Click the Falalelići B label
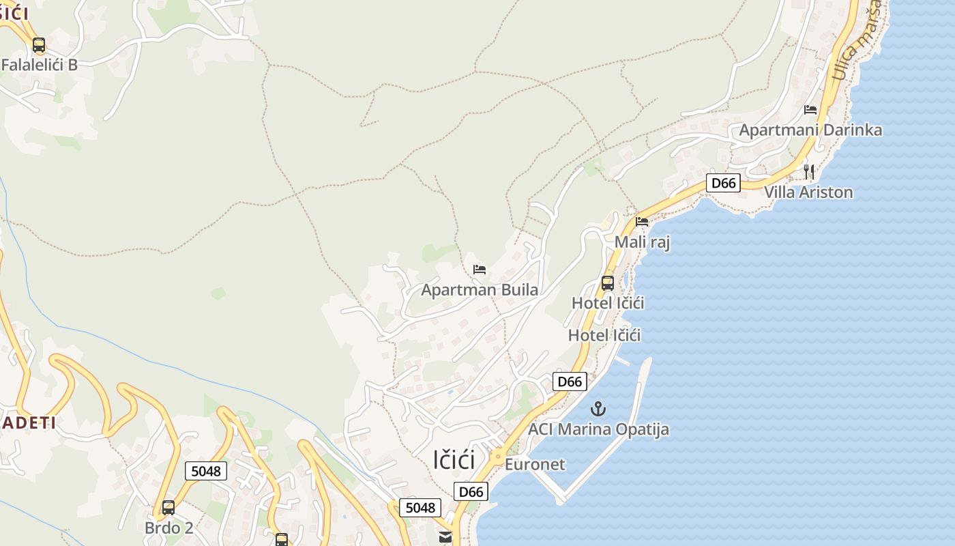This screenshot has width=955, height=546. coord(40,65)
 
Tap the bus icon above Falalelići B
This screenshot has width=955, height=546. coord(39,45)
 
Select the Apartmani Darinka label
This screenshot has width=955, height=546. coord(810,130)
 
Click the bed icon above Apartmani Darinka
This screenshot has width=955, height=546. coord(810,109)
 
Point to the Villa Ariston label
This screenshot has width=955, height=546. coord(808,192)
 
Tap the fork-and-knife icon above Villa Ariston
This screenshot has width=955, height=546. coord(809,171)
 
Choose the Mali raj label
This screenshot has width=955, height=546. coord(642,242)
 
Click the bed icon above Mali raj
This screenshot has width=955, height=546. coord(642,221)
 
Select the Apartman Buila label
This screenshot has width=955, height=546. coord(480,290)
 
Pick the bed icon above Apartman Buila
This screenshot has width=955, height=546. coord(480,270)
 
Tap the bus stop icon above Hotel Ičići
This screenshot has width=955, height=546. coord(608,283)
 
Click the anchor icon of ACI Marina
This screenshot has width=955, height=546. coord(598,409)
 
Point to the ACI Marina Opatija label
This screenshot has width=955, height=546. coord(598,429)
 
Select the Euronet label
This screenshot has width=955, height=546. coord(535,464)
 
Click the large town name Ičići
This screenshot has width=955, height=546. coord(454,459)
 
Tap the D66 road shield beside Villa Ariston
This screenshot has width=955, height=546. coord(723,183)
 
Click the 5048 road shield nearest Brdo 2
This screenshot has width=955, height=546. coord(206,470)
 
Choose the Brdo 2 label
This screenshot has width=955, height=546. coord(169,528)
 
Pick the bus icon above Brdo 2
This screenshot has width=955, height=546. coord(168,508)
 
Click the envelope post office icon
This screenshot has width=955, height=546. coord(445,537)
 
